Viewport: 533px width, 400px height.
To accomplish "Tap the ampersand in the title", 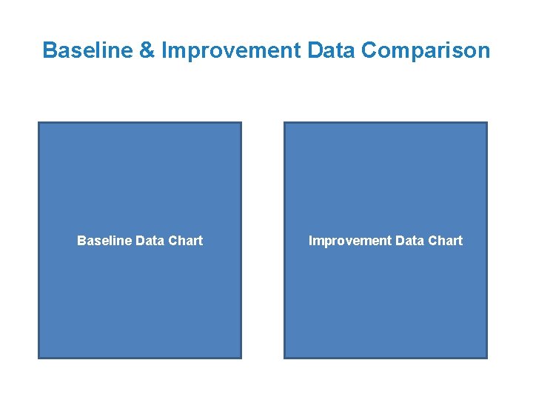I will coord(149,50).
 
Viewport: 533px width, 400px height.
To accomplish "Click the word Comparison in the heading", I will coord(426,50).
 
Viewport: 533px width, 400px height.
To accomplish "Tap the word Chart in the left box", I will coord(185,241).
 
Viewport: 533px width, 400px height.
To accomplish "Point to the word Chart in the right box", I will coord(445,241).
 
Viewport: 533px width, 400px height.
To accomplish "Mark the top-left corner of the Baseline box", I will coord(38,122).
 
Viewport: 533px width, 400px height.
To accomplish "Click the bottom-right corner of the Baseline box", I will coord(241,359).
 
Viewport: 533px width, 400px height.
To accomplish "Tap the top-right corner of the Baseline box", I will coord(241,122).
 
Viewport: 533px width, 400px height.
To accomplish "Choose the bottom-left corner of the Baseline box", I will coord(38,359).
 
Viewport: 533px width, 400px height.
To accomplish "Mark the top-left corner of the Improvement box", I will coord(284,122).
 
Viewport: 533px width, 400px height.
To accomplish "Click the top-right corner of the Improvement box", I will coord(487,122).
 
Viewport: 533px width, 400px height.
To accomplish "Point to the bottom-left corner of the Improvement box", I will coord(284,359).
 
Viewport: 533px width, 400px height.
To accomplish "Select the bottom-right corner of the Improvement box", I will coord(487,359).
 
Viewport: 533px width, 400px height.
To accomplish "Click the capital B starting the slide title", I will coord(50,50).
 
